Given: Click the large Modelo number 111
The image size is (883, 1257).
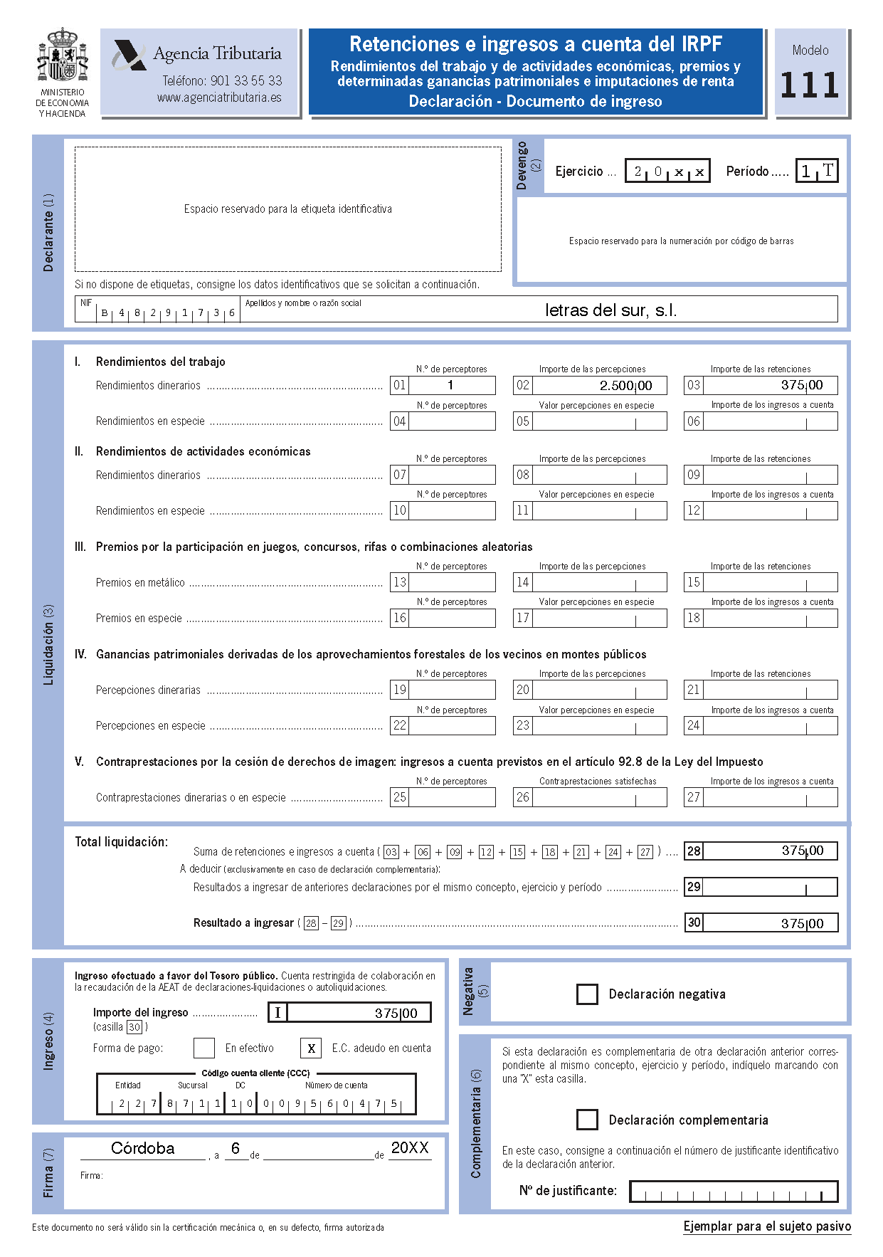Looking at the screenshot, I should click(810, 86).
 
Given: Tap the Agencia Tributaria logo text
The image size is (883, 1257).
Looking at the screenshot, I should click(217, 54).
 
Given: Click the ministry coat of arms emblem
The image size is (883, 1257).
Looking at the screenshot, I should click(63, 56).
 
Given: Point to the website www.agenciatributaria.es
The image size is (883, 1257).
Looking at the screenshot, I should click(219, 98).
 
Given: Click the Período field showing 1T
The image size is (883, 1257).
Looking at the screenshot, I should click(817, 171).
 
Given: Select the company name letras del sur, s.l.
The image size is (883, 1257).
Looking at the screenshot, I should click(610, 310).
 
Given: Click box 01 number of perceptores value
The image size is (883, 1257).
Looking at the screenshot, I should click(451, 385).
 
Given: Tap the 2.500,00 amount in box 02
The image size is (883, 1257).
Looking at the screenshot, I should click(625, 386).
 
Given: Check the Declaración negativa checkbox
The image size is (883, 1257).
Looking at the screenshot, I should click(587, 994).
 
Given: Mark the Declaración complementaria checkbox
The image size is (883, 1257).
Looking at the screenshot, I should click(587, 1120).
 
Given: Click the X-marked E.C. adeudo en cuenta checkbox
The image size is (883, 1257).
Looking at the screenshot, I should click(311, 1048).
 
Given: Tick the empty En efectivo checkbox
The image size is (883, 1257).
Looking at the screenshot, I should click(204, 1048).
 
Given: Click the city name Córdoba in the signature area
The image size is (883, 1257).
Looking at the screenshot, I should click(142, 1148).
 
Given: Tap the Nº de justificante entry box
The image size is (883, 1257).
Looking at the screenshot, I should click(734, 1191).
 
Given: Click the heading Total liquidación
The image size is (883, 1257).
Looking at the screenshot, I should click(122, 842).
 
